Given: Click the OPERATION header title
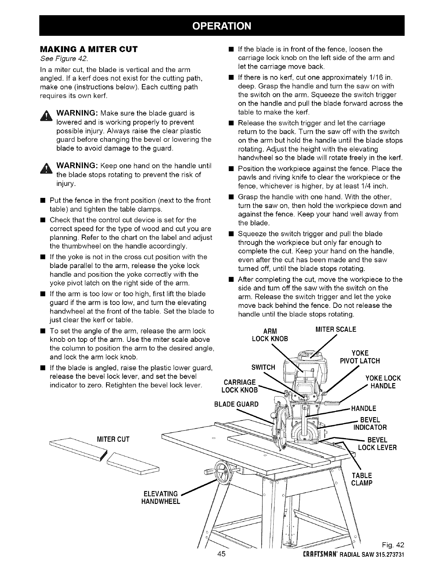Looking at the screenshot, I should (221, 26).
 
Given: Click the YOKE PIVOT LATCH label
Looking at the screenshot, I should (360, 357).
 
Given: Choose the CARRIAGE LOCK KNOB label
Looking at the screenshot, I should (240, 386).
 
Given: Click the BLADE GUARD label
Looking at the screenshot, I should (237, 404).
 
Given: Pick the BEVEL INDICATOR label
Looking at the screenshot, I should (370, 424).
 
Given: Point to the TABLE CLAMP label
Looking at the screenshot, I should (362, 479).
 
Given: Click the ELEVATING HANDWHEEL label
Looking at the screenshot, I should (160, 497).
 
